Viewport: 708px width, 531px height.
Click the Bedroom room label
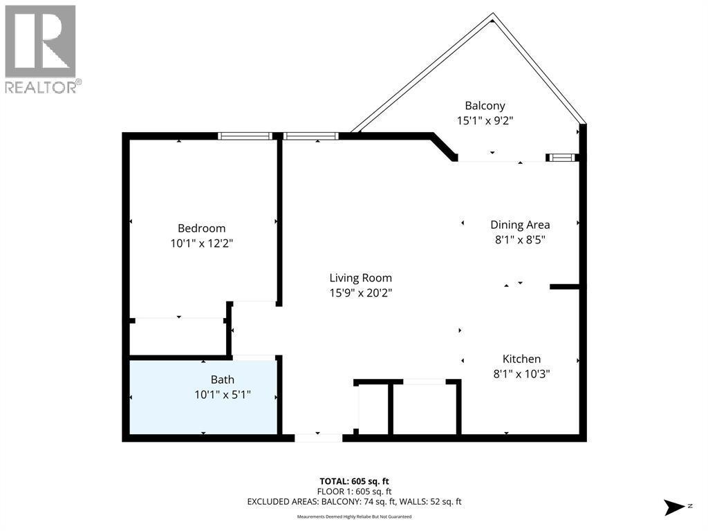pyautogui.click(x=201, y=228)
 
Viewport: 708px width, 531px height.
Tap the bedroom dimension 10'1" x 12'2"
pyautogui.click(x=201, y=243)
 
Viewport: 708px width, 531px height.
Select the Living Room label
pyautogui.click(x=355, y=278)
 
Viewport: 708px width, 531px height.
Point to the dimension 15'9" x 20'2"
pyautogui.click(x=355, y=292)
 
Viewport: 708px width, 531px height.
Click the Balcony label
pyautogui.click(x=485, y=106)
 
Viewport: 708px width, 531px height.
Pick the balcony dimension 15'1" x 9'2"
pyautogui.click(x=485, y=120)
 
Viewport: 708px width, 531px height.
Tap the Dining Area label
pyautogui.click(x=520, y=225)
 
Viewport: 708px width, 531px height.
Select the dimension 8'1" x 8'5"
pyautogui.click(x=520, y=239)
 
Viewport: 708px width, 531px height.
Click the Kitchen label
pyautogui.click(x=521, y=359)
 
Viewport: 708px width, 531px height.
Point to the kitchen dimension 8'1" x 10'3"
pyautogui.click(x=521, y=374)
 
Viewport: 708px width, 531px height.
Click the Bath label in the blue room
pyautogui.click(x=222, y=380)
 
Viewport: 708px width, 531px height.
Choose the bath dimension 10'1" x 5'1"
pyautogui.click(x=222, y=395)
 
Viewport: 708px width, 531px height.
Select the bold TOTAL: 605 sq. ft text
pyautogui.click(x=354, y=481)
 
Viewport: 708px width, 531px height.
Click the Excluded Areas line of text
pyautogui.click(x=354, y=501)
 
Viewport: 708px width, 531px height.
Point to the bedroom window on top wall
pyautogui.click(x=244, y=136)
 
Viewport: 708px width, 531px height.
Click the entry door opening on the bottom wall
pyautogui.click(x=318, y=437)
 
